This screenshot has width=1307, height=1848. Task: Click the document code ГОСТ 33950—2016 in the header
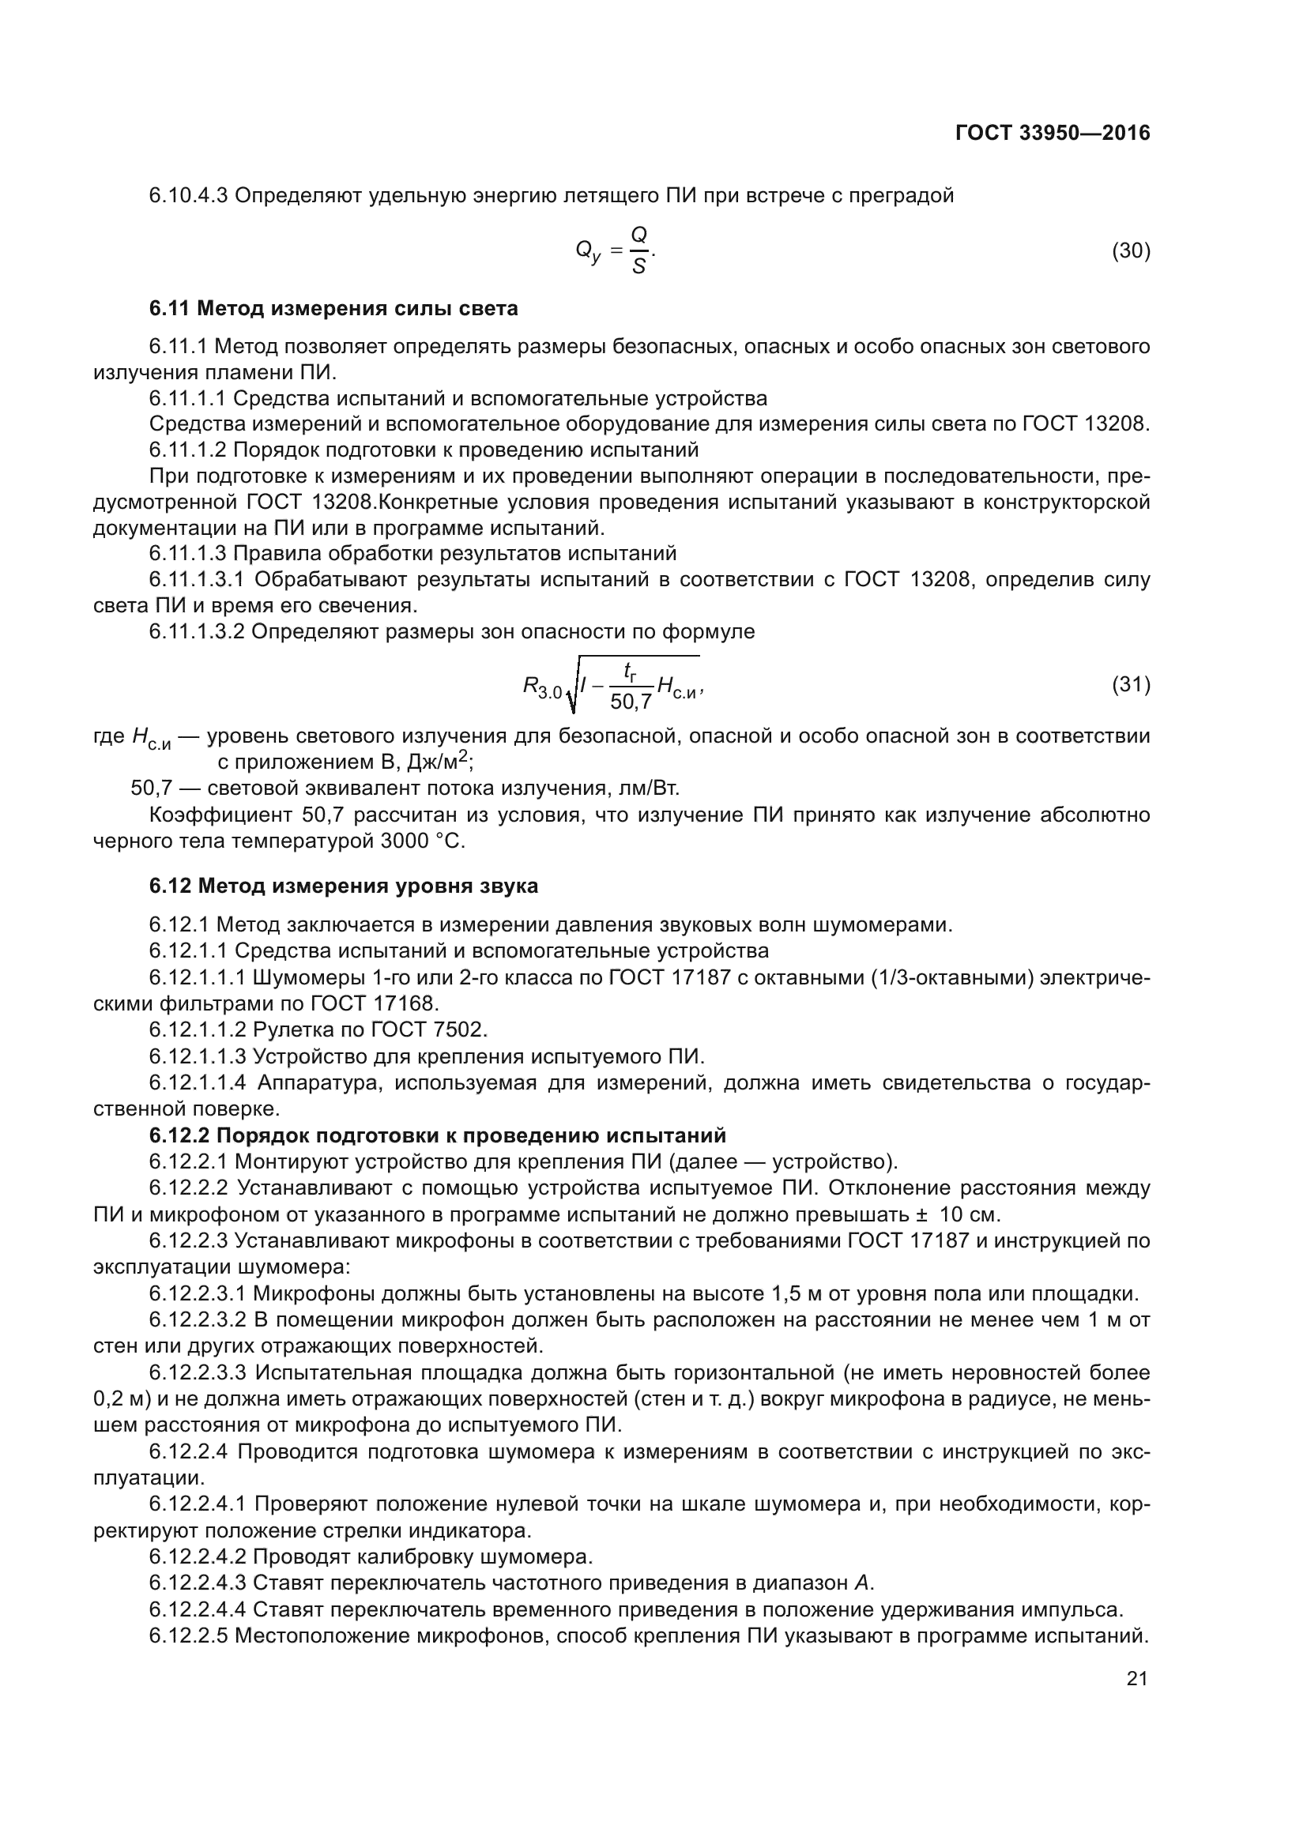(1052, 133)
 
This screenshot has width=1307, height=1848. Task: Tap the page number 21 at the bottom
(1136, 1679)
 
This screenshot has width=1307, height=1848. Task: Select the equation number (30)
(1130, 251)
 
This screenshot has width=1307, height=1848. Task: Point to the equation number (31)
(1130, 684)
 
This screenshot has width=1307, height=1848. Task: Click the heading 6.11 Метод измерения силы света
(333, 308)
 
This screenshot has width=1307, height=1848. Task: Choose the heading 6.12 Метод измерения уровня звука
(343, 886)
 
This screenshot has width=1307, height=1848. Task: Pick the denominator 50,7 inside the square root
(631, 702)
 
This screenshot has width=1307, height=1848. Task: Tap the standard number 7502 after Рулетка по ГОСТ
(460, 1029)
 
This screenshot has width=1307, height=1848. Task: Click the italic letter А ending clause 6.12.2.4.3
(862, 1583)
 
